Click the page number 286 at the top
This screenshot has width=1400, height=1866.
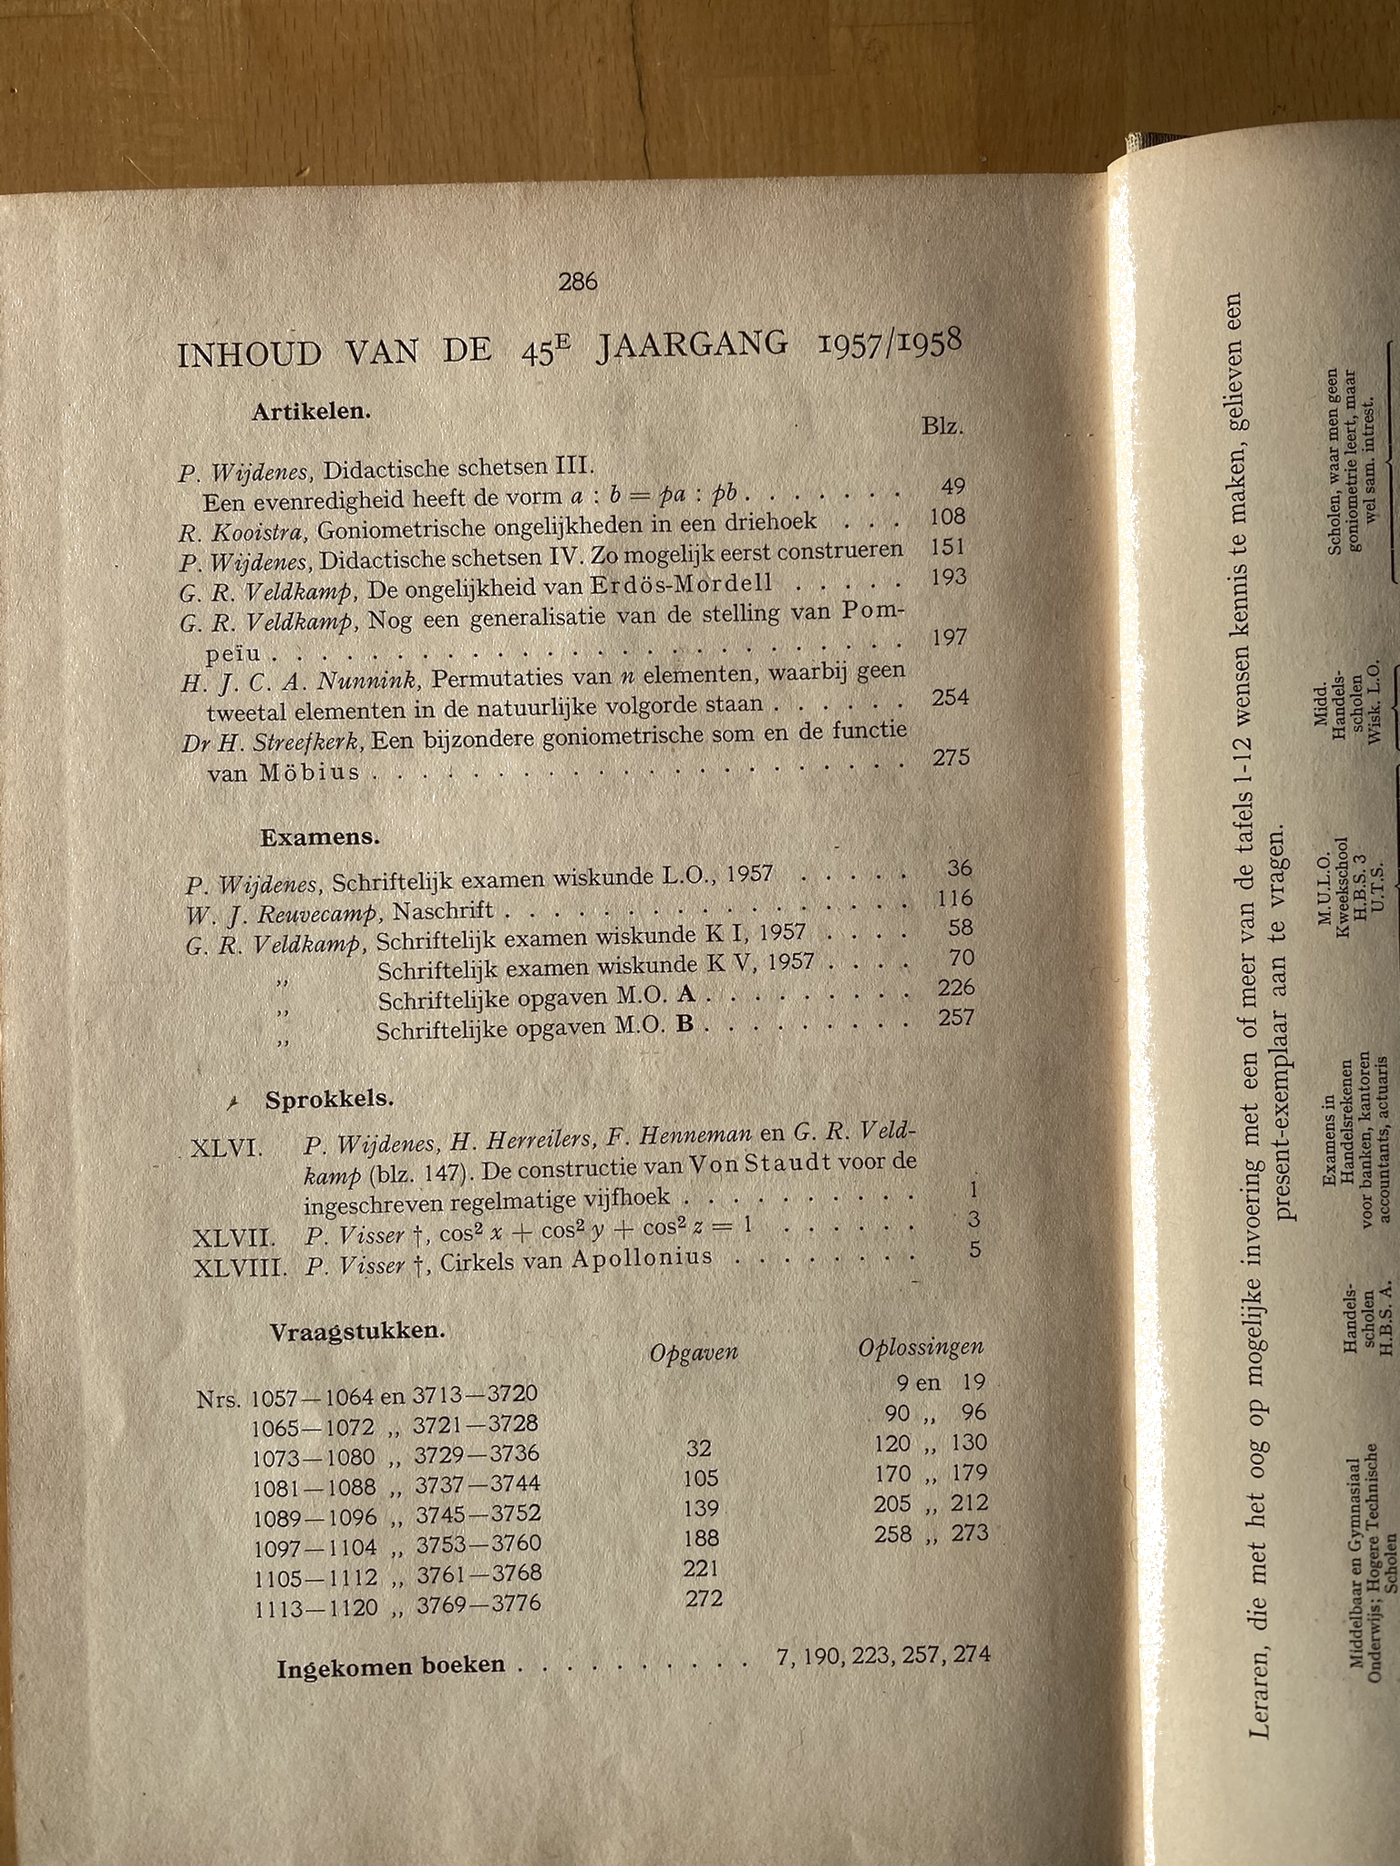point(578,282)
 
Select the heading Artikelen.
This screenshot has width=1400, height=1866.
point(311,411)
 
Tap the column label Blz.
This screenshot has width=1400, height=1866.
point(942,426)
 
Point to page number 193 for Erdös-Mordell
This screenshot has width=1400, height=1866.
point(949,578)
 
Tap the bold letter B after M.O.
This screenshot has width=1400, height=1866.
point(686,1024)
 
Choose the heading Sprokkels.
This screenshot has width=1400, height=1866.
point(329,1100)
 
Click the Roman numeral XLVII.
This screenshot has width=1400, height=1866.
point(234,1238)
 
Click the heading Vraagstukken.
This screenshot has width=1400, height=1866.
point(344,1331)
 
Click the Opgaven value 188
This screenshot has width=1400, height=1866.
point(701,1539)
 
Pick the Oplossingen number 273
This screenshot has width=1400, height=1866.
point(969,1533)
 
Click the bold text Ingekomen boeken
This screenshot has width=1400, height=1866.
point(390,1666)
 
